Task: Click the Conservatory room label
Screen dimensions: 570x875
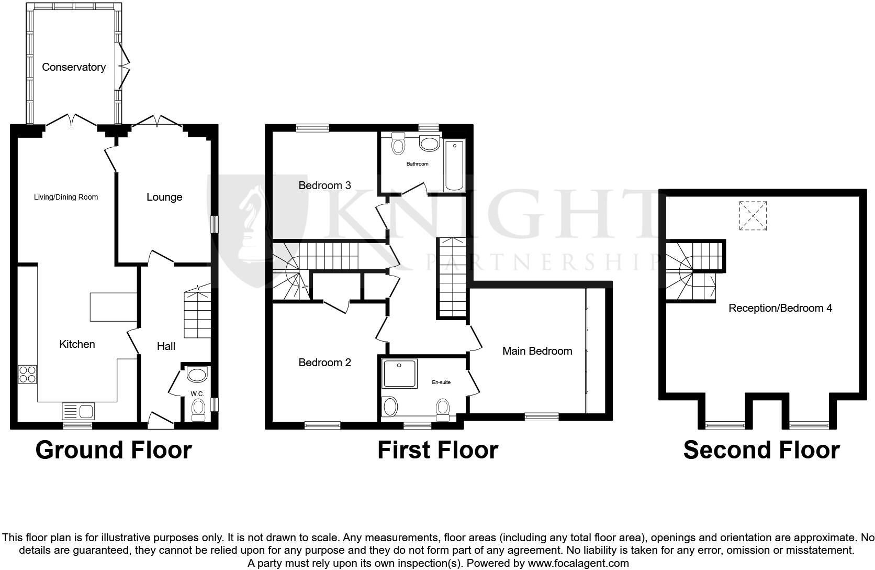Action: click(x=74, y=67)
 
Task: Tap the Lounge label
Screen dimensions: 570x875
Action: click(x=164, y=197)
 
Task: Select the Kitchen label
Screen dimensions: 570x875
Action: click(x=77, y=344)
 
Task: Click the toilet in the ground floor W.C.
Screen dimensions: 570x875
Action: click(x=198, y=409)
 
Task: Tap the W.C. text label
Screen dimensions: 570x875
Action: click(x=197, y=393)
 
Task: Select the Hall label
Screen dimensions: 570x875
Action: click(x=166, y=346)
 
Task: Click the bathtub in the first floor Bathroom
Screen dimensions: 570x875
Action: click(x=454, y=165)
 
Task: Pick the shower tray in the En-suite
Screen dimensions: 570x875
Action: click(x=400, y=374)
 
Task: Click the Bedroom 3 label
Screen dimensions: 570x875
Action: click(x=324, y=185)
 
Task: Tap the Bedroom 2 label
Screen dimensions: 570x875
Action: click(x=324, y=363)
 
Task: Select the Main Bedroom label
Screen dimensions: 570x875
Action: click(x=537, y=351)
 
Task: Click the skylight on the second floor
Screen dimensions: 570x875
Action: click(x=753, y=216)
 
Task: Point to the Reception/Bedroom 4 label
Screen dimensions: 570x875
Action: click(x=780, y=308)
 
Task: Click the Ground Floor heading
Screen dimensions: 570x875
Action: click(x=114, y=450)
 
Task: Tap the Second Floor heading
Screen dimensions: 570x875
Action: click(x=761, y=450)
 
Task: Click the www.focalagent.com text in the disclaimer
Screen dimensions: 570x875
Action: click(x=578, y=564)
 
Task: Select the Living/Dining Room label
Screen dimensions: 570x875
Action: click(x=66, y=197)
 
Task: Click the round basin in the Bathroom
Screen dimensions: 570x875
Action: click(x=430, y=144)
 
